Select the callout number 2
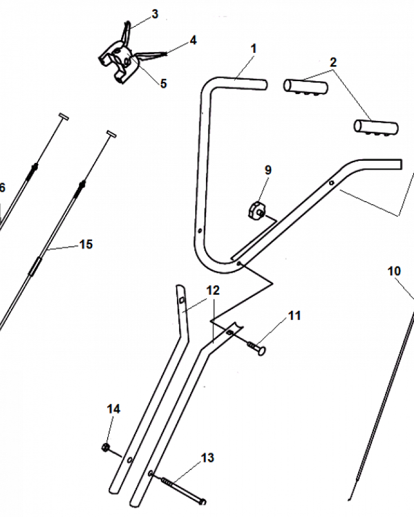click(333, 63)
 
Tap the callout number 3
click(155, 14)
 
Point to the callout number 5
click(164, 83)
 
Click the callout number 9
click(268, 170)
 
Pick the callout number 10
click(394, 270)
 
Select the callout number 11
click(294, 315)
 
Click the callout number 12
click(213, 290)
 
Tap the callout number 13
click(208, 458)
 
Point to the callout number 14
click(113, 409)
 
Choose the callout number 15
click(86, 244)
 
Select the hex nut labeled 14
click(105, 447)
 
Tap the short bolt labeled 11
click(257, 349)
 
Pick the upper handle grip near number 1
click(305, 85)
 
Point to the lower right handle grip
click(376, 127)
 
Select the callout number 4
click(193, 40)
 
